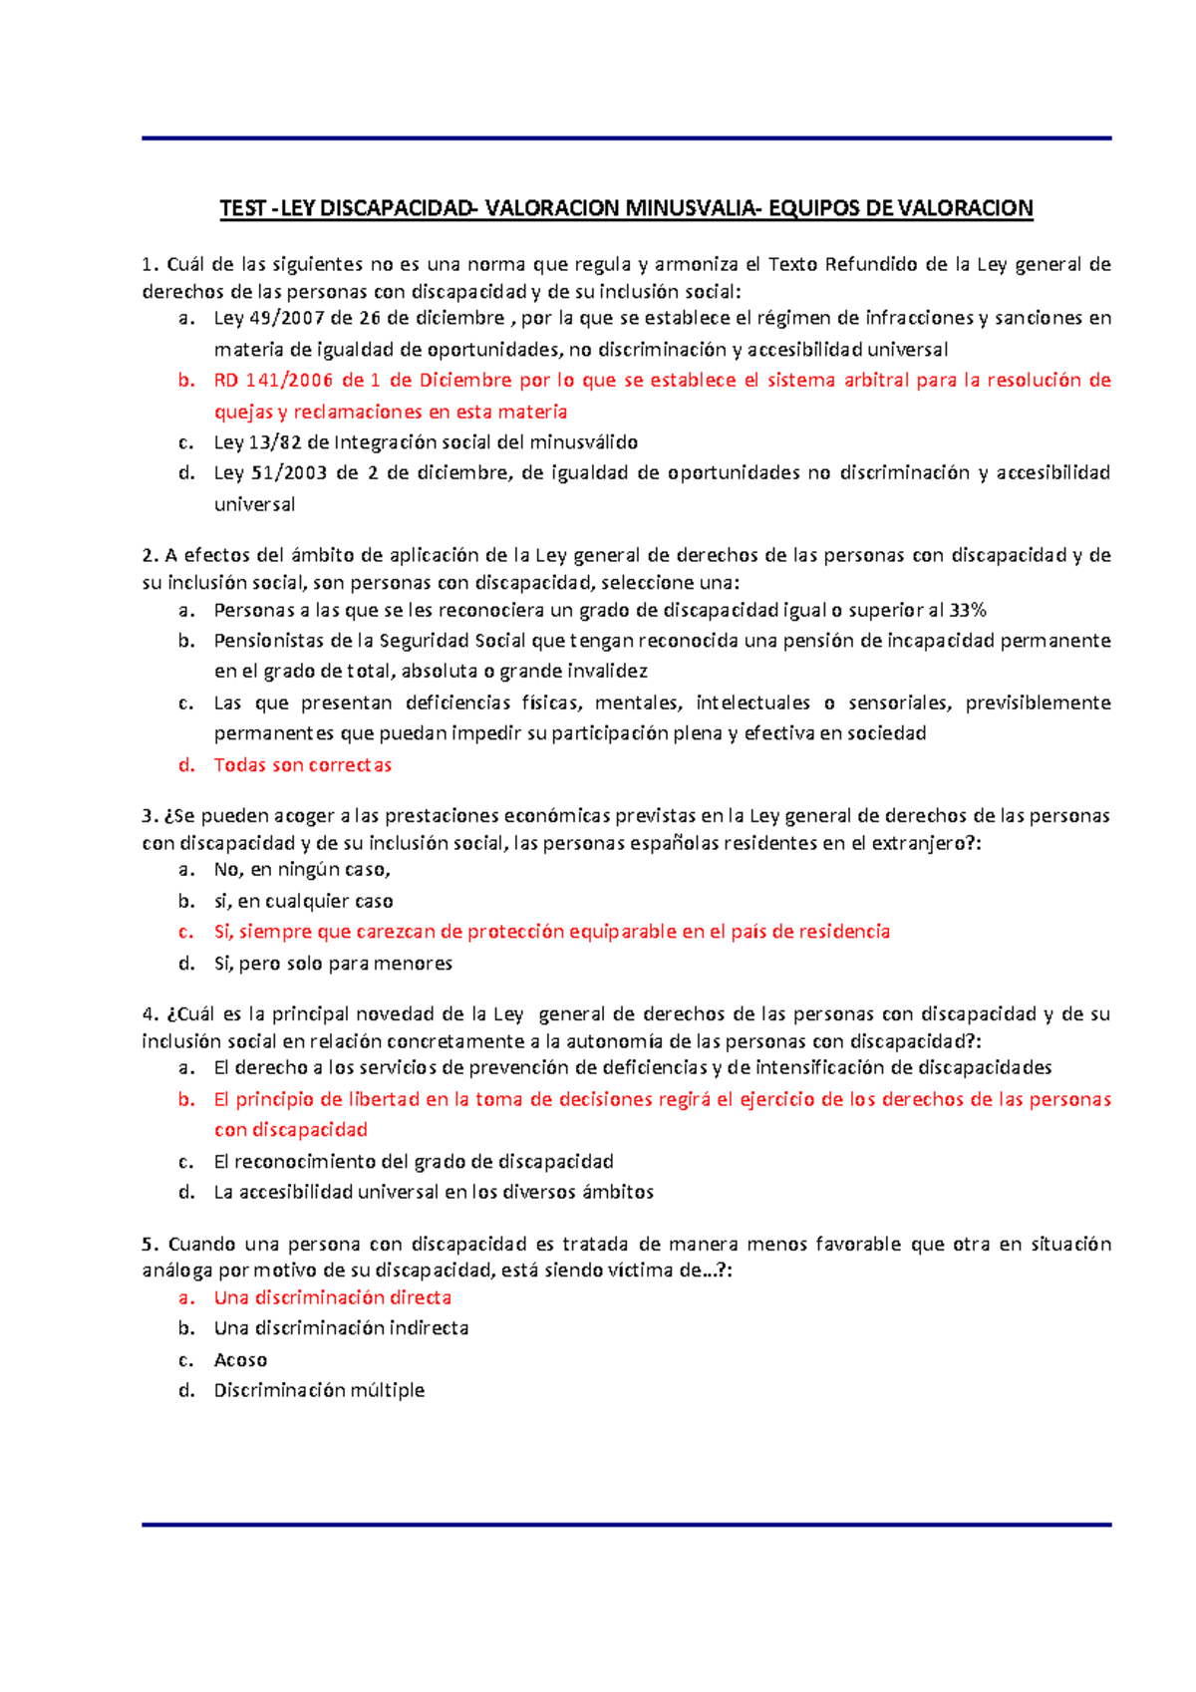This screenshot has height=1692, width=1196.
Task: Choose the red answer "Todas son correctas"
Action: [302, 765]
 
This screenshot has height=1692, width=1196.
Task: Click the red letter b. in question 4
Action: [186, 1100]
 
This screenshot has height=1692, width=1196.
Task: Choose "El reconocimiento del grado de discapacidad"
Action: [413, 1162]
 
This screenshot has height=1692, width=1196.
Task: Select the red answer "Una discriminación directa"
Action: [332, 1297]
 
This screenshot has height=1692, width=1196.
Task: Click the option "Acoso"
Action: [240, 1360]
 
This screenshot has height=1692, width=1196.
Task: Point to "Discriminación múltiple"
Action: [319, 1390]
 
